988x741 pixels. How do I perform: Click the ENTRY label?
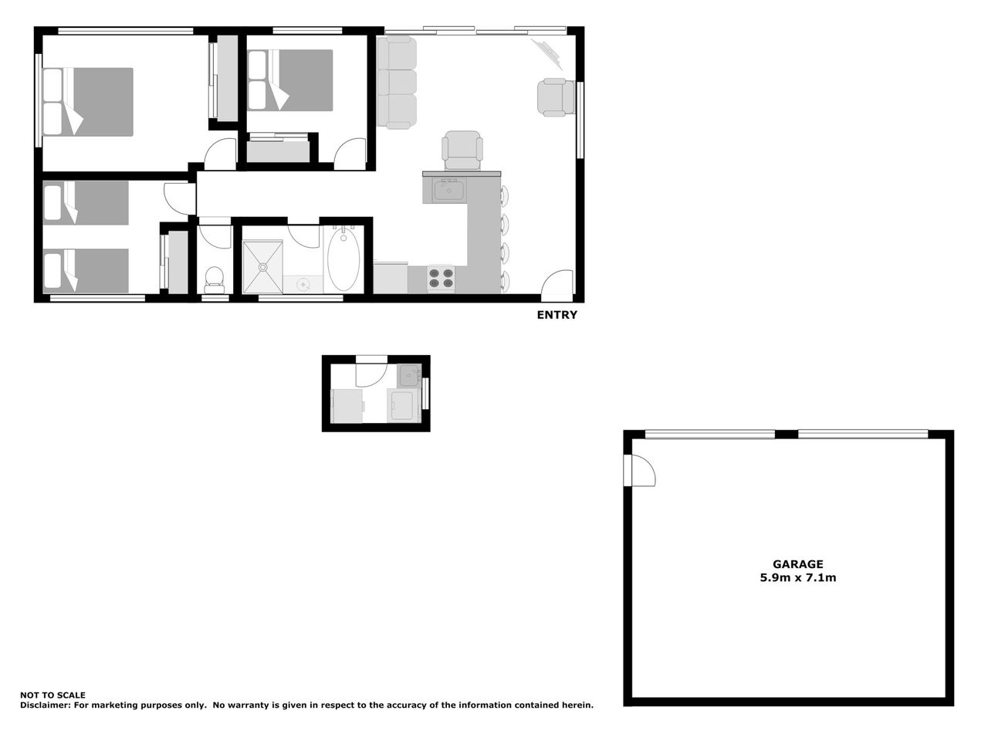tap(557, 315)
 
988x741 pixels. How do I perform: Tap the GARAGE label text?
tap(797, 564)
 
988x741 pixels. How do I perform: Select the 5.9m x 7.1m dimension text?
tap(797, 577)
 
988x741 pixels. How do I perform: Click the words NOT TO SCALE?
tap(52, 695)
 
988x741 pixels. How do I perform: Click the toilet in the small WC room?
tap(214, 280)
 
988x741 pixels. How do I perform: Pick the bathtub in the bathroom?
tap(343, 259)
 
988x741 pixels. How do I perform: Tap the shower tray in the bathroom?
tap(263, 267)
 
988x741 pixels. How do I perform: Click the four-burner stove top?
tap(441, 278)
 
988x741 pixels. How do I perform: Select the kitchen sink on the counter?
tap(448, 190)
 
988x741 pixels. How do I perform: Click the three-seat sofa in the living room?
tap(397, 83)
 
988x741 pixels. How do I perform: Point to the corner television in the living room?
tap(548, 54)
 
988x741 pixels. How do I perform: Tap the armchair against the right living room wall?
tap(557, 97)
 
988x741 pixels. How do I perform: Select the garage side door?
tap(639, 470)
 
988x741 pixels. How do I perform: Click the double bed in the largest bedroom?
tap(88, 102)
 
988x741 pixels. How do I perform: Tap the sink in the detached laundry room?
tap(408, 375)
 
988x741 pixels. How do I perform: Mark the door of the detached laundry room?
tap(371, 371)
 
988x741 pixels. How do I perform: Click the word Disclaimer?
tap(45, 705)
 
